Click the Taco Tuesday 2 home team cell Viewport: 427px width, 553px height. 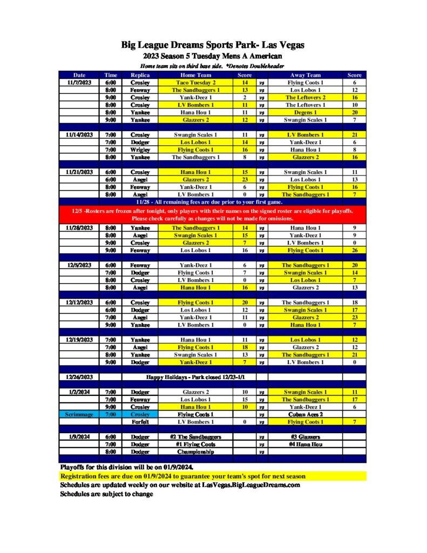click(195, 83)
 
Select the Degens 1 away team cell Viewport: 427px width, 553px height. click(306, 112)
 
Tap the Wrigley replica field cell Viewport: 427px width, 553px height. click(140, 150)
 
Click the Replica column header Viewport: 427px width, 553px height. click(140, 75)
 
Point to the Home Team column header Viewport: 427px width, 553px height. click(195, 75)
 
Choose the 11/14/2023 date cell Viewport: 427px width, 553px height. click(79, 134)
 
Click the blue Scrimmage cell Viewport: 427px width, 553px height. click(79, 414)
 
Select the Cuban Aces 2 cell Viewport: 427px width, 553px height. click(306, 414)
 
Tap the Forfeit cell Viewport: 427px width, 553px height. click(140, 422)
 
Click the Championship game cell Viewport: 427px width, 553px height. click(195, 451)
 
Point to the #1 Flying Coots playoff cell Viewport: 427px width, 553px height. click(195, 444)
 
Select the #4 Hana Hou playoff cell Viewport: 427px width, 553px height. click(306, 444)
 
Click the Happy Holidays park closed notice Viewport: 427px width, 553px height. click(189, 377)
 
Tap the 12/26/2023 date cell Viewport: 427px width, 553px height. click(79, 377)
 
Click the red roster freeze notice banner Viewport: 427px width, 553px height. click(213, 214)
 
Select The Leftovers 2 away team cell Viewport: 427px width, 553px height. click(306, 98)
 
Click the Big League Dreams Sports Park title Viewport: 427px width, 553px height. click(213, 45)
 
